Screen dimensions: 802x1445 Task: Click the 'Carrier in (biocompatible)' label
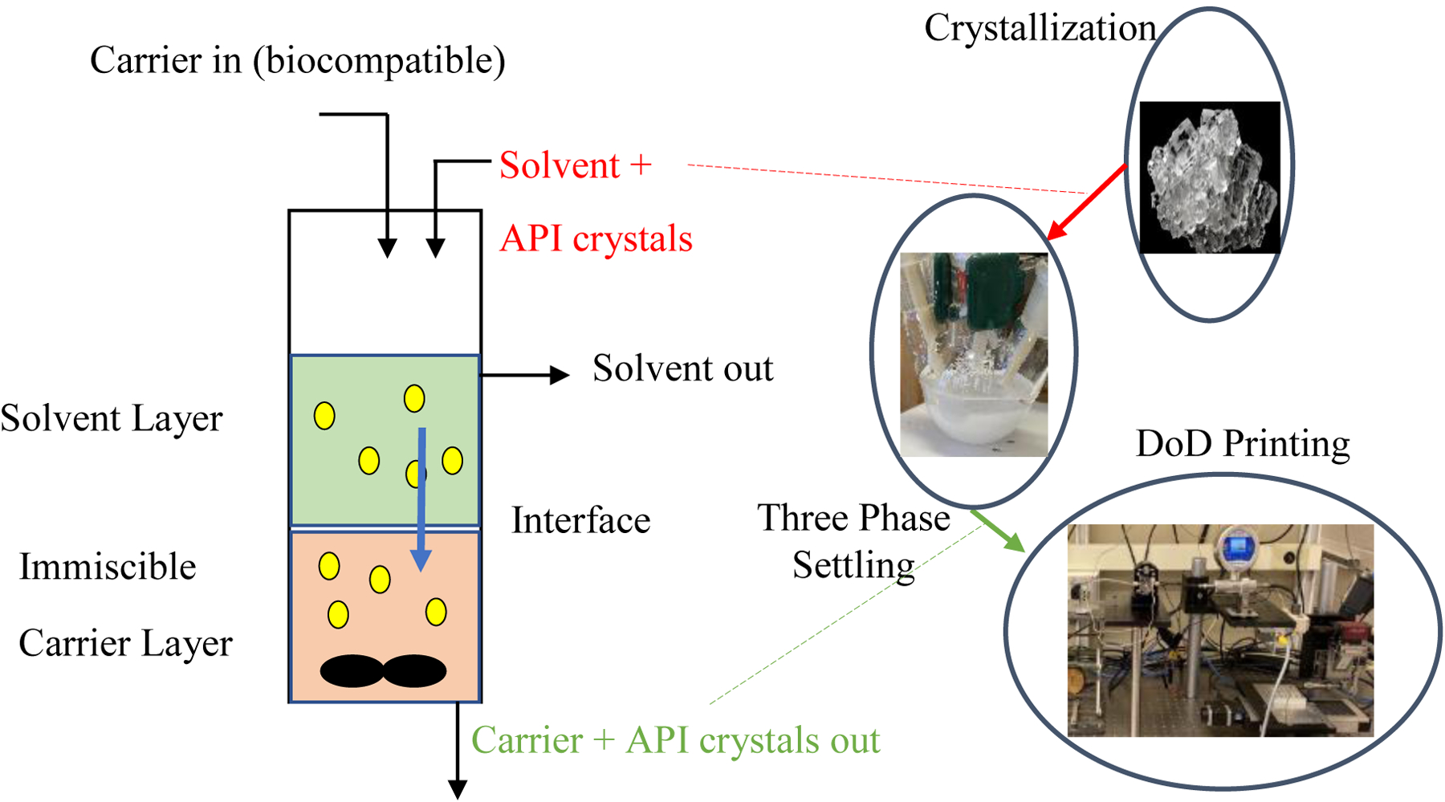coord(297,61)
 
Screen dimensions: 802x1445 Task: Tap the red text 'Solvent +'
coord(575,166)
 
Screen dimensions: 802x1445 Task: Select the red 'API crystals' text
coord(596,239)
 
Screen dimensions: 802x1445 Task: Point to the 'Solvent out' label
coord(682,368)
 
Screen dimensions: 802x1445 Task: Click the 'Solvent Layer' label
coord(112,419)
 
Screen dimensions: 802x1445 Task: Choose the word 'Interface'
coord(580,521)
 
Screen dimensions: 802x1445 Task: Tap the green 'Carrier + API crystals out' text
coord(675,740)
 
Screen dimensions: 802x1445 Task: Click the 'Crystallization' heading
coord(1040,28)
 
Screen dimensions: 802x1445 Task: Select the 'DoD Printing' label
coord(1243,444)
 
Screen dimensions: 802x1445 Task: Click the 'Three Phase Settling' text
coord(853,542)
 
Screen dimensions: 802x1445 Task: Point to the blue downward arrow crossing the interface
coord(421,498)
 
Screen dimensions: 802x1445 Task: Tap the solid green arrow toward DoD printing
coord(999,531)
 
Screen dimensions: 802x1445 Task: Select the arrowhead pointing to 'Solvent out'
coord(560,374)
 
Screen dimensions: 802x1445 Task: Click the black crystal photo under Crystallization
coord(1210,177)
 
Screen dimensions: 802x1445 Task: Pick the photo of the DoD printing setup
coord(1220,631)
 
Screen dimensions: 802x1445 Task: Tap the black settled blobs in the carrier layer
coord(383,671)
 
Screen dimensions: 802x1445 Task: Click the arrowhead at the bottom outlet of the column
coord(458,789)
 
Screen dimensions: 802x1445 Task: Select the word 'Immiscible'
coord(108,568)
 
